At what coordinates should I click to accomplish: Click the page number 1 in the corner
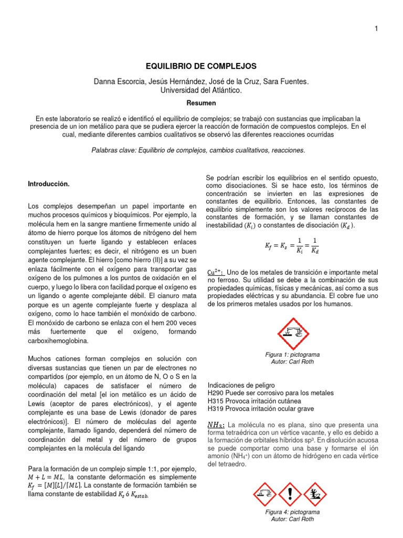tap(376, 28)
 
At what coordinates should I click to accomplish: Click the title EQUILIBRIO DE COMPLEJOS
tap(201, 66)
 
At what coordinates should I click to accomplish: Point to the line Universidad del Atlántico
tap(201, 90)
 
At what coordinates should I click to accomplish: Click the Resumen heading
tap(201, 104)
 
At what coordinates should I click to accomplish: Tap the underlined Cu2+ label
tap(215, 271)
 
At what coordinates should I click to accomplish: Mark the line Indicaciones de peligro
tap(241, 385)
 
